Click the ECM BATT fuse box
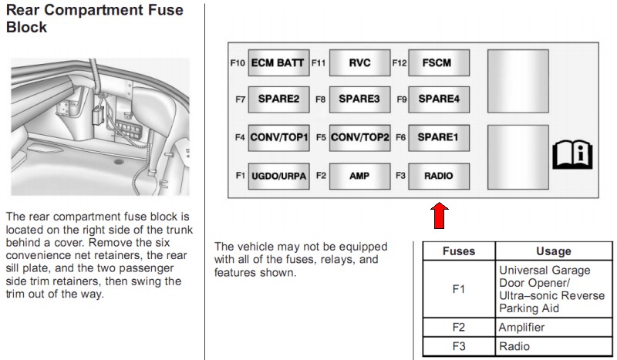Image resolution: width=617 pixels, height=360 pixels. pos(278,62)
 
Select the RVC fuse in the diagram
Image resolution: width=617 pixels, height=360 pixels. pos(359,62)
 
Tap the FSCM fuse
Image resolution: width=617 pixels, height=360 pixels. pos(439,62)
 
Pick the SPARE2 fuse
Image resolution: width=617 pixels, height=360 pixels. pos(278,99)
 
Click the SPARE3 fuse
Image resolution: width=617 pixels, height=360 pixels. pos(359,99)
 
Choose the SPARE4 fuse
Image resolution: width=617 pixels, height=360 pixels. pos(439,99)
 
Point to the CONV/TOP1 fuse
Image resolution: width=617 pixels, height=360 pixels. pos(278,138)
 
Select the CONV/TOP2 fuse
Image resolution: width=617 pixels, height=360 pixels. pos(359,138)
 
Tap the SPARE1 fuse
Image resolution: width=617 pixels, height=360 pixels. pos(439,138)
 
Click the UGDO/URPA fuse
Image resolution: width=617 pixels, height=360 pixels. pos(278,177)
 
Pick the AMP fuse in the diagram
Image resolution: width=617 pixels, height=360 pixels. pos(359,177)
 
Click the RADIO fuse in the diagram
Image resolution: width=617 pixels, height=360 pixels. pos(439,177)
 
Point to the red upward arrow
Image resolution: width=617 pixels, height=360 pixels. pos(439,216)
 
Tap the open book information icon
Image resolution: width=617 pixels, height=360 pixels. pos(572,155)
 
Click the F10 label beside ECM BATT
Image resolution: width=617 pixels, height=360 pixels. pos(238,63)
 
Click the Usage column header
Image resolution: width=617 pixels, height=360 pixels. pos(553,251)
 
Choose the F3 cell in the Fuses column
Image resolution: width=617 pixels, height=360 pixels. pos(459,346)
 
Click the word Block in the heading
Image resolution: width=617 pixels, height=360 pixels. pos(27,27)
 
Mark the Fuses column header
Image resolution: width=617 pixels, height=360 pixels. pos(459,251)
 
